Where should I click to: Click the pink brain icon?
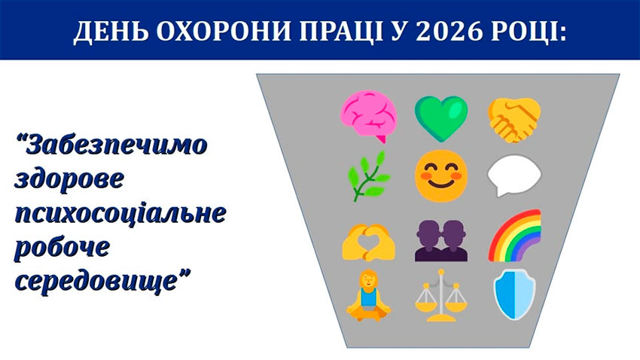[x=368, y=116]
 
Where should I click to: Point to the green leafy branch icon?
[x=367, y=175]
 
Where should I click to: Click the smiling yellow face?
[x=440, y=175]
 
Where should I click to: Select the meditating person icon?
[x=367, y=294]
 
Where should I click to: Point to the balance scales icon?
[x=440, y=295]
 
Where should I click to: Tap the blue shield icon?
[x=514, y=295]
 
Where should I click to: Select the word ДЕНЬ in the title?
[x=108, y=32]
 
